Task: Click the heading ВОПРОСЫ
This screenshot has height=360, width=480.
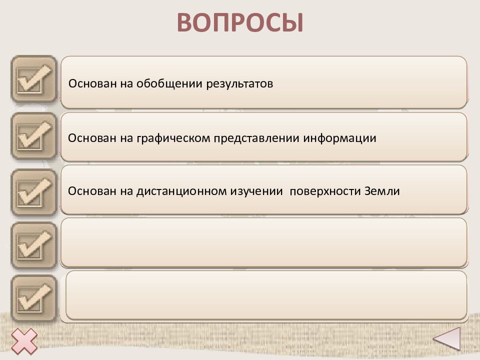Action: click(x=240, y=22)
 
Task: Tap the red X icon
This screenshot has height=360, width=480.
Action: click(x=24, y=341)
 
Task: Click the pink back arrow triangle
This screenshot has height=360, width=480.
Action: click(x=447, y=338)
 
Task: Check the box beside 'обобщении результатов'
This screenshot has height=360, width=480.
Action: click(x=34, y=78)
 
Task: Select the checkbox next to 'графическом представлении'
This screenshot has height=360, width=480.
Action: click(x=34, y=135)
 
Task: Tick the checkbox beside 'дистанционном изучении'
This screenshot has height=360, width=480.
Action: click(x=34, y=192)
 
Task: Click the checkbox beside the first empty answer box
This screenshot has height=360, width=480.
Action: click(x=34, y=245)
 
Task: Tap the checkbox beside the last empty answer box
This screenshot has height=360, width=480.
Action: click(x=34, y=298)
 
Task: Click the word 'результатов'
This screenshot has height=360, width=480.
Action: click(x=239, y=84)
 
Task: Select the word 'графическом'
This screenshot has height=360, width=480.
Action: click(x=173, y=138)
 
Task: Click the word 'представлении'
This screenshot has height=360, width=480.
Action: click(x=256, y=138)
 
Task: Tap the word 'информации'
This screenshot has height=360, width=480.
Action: click(x=339, y=138)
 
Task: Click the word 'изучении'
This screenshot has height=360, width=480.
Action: click(x=256, y=191)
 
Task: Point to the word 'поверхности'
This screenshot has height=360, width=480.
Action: click(x=325, y=191)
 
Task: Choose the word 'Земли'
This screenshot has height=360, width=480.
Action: click(x=382, y=191)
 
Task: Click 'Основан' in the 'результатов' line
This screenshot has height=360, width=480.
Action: click(x=92, y=83)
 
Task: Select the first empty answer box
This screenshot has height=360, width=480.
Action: click(x=264, y=242)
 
